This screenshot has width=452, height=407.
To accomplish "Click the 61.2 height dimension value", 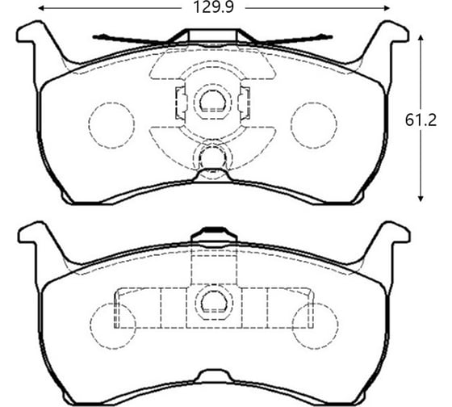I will pos(420,120).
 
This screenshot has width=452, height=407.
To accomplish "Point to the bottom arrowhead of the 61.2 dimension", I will pos(421,198).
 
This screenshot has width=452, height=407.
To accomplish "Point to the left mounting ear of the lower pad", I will pos(34,237).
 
